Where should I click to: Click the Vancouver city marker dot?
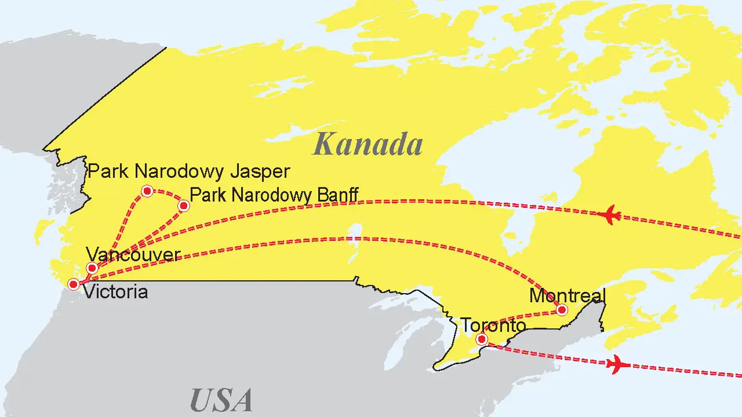(x=92, y=268)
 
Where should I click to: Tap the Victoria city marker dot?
(x=74, y=284)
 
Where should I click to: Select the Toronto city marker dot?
(x=481, y=339)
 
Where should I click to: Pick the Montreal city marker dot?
(x=561, y=310)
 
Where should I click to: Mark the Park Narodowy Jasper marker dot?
(x=147, y=191)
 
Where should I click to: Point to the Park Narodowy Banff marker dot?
(x=184, y=206)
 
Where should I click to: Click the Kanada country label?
(x=368, y=144)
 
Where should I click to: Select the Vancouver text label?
(x=133, y=255)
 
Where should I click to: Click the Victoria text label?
(x=115, y=291)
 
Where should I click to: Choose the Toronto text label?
(x=493, y=325)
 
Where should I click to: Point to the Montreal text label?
(x=568, y=296)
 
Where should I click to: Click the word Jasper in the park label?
(x=260, y=172)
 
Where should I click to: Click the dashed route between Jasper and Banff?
(x=168, y=194)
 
